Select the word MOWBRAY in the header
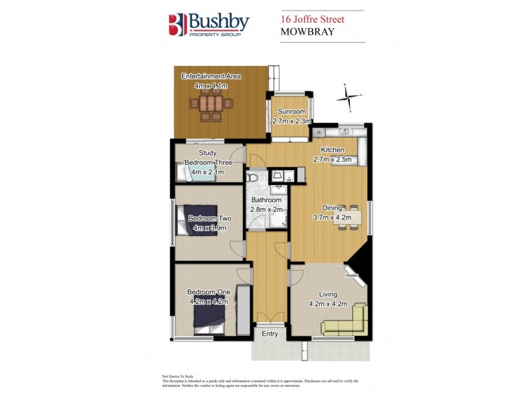306,32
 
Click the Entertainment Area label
211,77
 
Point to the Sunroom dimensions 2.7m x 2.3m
292,121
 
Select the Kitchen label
333,150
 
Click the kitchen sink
345,131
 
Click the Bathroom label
265,200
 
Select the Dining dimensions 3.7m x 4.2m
335,217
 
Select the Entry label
269,333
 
